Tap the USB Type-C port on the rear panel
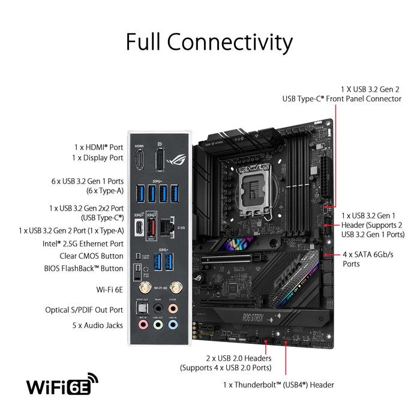(x=139, y=229)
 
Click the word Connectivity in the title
(x=230, y=42)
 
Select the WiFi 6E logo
(x=62, y=385)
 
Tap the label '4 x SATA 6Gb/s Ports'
(x=367, y=259)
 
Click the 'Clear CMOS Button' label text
(x=83, y=256)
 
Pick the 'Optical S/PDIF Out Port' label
(x=84, y=310)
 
